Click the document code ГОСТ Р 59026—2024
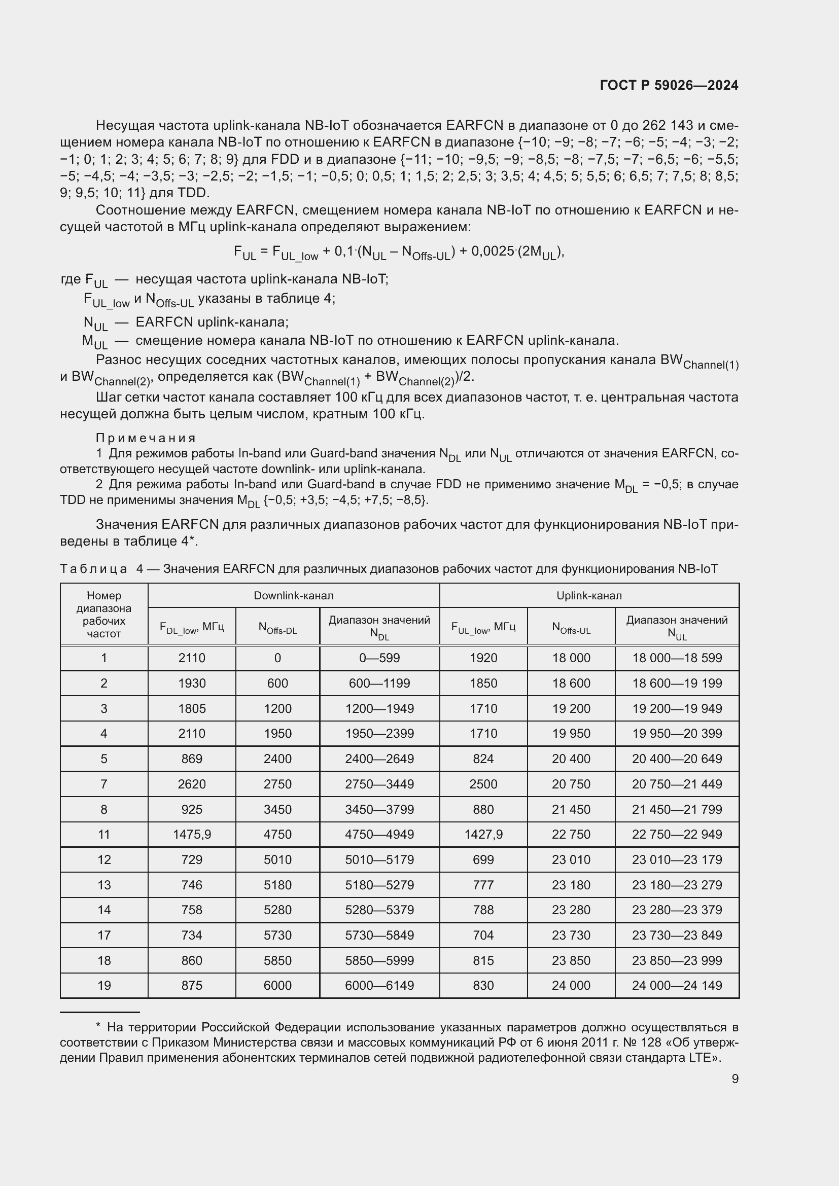coord(669,86)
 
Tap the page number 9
coord(735,1079)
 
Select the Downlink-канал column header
coord(293,596)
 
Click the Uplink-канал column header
coord(589,596)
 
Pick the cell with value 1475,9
coord(192,834)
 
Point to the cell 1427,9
coord(483,834)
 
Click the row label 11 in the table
coord(104,834)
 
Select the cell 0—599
coord(379,658)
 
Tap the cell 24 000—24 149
coord(677,986)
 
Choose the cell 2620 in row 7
coord(192,784)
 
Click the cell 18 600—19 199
coord(677,684)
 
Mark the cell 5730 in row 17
coord(277,935)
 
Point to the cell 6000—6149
coord(379,986)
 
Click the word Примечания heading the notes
coord(146,438)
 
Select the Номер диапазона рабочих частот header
coord(104,615)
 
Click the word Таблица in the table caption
coord(93,569)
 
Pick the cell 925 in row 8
coord(192,809)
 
